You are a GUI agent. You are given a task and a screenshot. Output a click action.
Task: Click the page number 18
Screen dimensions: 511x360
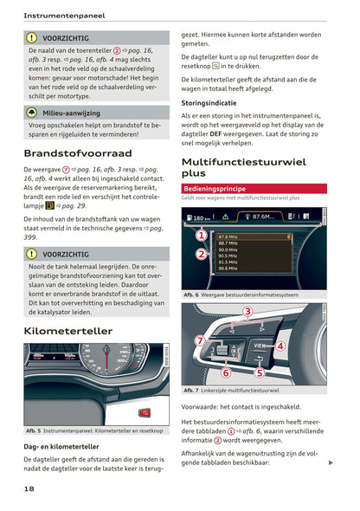(x=29, y=489)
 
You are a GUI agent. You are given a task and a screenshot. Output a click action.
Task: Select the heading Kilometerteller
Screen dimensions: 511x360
(x=67, y=331)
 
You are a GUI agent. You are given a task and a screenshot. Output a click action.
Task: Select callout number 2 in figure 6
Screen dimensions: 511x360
(x=201, y=254)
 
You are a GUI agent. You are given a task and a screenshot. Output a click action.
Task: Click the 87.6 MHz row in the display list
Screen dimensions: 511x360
(x=260, y=236)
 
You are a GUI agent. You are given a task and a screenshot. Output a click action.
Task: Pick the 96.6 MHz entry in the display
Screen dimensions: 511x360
(x=229, y=268)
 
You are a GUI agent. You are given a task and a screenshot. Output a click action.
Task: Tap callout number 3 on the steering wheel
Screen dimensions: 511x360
(x=247, y=311)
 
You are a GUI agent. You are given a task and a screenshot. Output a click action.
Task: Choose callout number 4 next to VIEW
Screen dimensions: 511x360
(x=280, y=346)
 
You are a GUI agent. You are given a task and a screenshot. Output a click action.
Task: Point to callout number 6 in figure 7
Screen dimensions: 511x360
(x=225, y=372)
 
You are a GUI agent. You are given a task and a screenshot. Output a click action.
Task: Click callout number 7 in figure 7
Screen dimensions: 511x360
(x=200, y=340)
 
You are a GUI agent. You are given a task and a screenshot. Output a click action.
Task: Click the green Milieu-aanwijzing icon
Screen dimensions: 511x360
(x=32, y=113)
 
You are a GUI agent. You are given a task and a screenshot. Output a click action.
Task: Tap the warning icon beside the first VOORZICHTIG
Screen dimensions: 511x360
(x=32, y=38)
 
